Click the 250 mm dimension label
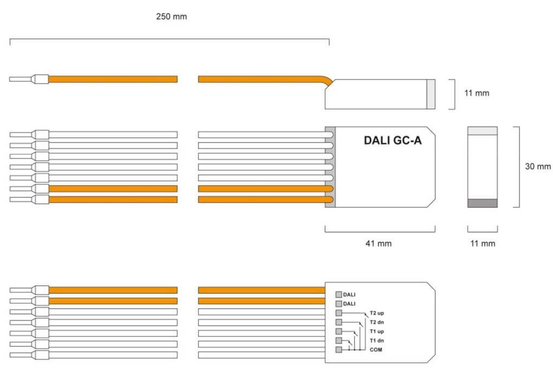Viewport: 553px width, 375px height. pyautogui.click(x=171, y=16)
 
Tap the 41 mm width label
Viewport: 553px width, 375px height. pyautogui.click(x=379, y=244)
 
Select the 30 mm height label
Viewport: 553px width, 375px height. pyautogui.click(x=537, y=167)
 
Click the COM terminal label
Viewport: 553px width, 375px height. pyautogui.click(x=375, y=350)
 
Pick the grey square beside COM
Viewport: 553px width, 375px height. pyautogui.click(x=339, y=350)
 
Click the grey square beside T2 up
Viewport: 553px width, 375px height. pyautogui.click(x=339, y=313)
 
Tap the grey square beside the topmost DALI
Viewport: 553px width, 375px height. pyautogui.click(x=339, y=295)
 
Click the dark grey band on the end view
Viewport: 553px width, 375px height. pyautogui.click(x=482, y=203)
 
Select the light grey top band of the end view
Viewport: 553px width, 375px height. pyautogui.click(x=482, y=130)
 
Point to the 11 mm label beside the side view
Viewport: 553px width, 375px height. pyautogui.click(x=477, y=93)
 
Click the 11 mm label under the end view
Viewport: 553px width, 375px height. pyautogui.click(x=482, y=244)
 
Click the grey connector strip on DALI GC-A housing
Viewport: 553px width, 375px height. pyautogui.click(x=330, y=167)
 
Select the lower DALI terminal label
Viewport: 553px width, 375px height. pyautogui.click(x=349, y=304)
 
